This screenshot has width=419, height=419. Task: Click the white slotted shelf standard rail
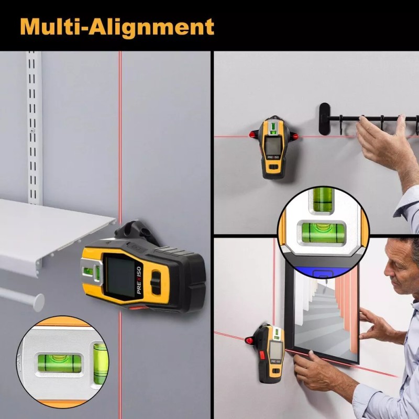(34, 126)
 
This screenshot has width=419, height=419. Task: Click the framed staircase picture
(323, 314)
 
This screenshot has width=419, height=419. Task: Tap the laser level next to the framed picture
(272, 351)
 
